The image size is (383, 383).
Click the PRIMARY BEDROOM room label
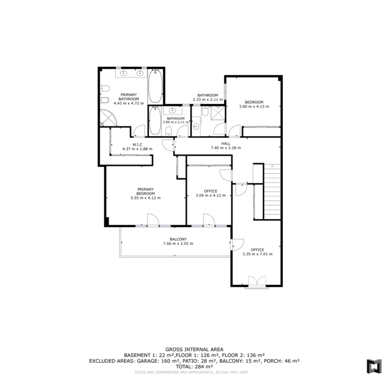click(x=145, y=191)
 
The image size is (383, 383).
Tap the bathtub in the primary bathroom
click(x=155, y=86)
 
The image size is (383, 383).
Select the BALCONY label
click(x=178, y=239)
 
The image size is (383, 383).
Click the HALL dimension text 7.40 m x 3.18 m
click(x=226, y=148)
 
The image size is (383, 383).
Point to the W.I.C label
click(x=137, y=144)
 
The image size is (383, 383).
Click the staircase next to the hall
click(x=272, y=191)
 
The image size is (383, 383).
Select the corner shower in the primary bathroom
click(x=108, y=117)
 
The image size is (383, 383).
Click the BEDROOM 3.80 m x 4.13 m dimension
click(x=254, y=107)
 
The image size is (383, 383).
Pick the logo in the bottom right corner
click(x=374, y=366)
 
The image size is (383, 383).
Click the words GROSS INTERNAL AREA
click(x=194, y=350)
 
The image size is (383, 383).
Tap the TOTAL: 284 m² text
click(x=194, y=367)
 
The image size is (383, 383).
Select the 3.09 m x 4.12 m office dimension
click(x=211, y=195)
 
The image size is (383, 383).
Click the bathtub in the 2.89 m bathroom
click(x=155, y=121)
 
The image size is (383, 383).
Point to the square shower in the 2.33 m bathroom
click(x=218, y=113)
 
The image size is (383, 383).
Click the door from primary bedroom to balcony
click(x=153, y=220)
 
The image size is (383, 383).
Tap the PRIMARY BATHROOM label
click(x=129, y=97)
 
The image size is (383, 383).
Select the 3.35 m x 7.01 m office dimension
click(x=257, y=254)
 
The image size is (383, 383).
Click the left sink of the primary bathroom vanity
click(x=124, y=73)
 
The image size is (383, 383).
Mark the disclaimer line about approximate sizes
click(x=191, y=372)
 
